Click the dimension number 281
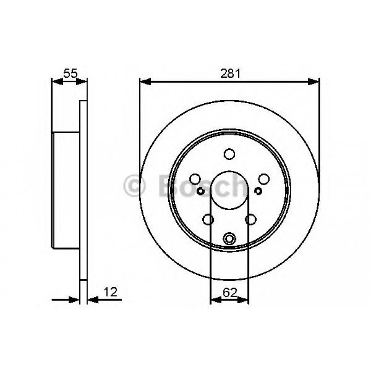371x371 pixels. click(229, 73)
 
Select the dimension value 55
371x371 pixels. click(70, 73)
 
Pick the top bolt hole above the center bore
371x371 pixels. click(229, 154)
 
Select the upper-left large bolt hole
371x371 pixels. click(195, 179)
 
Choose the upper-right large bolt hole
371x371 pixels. click(263, 179)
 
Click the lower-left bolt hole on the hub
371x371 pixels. click(208, 219)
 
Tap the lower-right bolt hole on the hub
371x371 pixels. click(250, 219)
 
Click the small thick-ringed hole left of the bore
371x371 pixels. click(201, 191)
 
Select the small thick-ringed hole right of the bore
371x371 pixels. click(258, 191)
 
